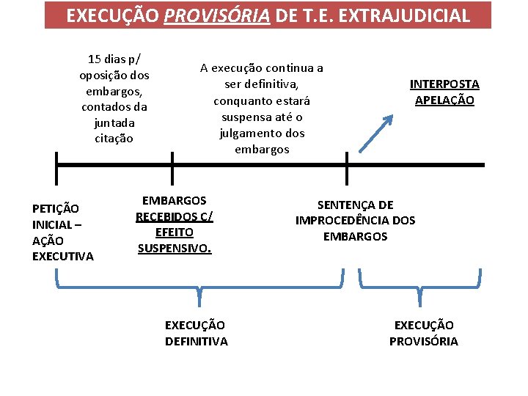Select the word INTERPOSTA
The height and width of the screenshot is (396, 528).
[x=444, y=84]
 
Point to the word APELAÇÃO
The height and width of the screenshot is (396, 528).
[x=444, y=100]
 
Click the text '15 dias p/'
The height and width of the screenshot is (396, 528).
[x=114, y=58]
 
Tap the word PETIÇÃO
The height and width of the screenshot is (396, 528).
[x=56, y=208]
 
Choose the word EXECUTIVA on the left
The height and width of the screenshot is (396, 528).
[x=63, y=256]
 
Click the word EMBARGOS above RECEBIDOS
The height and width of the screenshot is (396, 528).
[x=175, y=200]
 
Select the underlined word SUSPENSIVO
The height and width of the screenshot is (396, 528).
[x=175, y=248]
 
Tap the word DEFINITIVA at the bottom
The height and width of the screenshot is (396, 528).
[x=197, y=341]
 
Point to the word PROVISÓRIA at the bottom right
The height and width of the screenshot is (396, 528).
[x=424, y=341]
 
